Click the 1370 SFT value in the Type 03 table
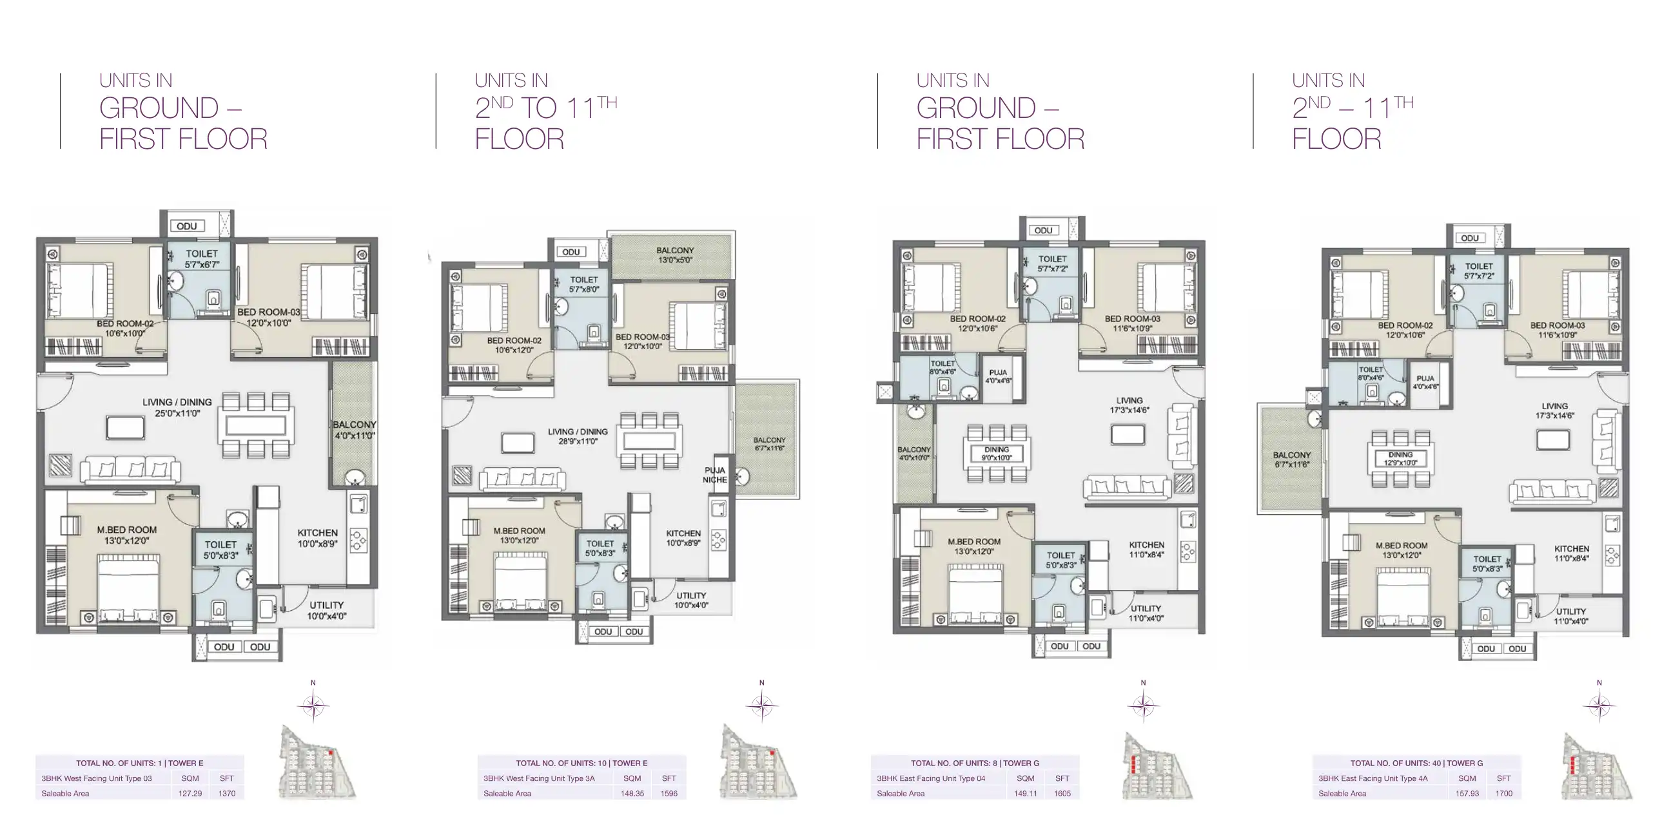pyautogui.click(x=227, y=793)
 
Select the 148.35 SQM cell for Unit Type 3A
pyautogui.click(x=632, y=793)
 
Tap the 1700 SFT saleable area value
pyautogui.click(x=1503, y=793)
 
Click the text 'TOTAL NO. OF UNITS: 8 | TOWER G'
pyautogui.click(x=974, y=763)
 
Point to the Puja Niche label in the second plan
pyautogui.click(x=714, y=475)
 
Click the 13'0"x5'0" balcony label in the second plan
pyautogui.click(x=674, y=254)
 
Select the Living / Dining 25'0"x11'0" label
pyautogui.click(x=177, y=407)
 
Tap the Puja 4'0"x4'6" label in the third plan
pyautogui.click(x=998, y=376)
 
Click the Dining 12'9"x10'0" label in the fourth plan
pyautogui.click(x=1400, y=458)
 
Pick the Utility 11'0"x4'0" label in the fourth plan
pyautogui.click(x=1570, y=616)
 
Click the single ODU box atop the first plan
pyautogui.click(x=187, y=226)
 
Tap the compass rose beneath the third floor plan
pyautogui.click(x=1143, y=705)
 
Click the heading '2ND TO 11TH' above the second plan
pyautogui.click(x=545, y=108)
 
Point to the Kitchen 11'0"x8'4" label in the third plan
pyautogui.click(x=1146, y=549)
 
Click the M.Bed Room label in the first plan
pyautogui.click(x=126, y=534)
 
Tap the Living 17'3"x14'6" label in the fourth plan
pyautogui.click(x=1554, y=410)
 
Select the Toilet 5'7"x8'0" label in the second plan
pyautogui.click(x=584, y=284)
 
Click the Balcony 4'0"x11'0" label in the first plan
pyautogui.click(x=354, y=429)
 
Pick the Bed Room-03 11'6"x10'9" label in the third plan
pyautogui.click(x=1132, y=323)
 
